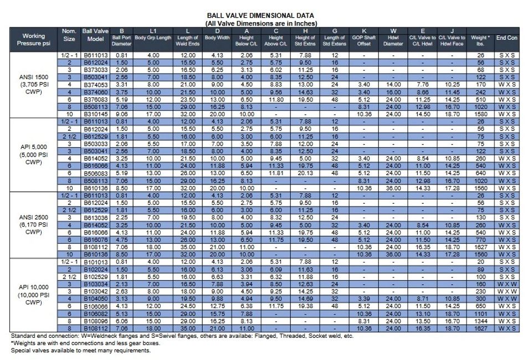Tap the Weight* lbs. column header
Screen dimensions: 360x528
479,39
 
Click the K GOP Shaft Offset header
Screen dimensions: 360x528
363,39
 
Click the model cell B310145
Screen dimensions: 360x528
95,114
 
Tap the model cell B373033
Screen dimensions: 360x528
95,70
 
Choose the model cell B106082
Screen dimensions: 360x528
95,313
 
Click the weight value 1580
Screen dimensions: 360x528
479,114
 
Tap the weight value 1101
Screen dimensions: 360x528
479,313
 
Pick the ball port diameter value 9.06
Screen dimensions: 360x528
122,114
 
